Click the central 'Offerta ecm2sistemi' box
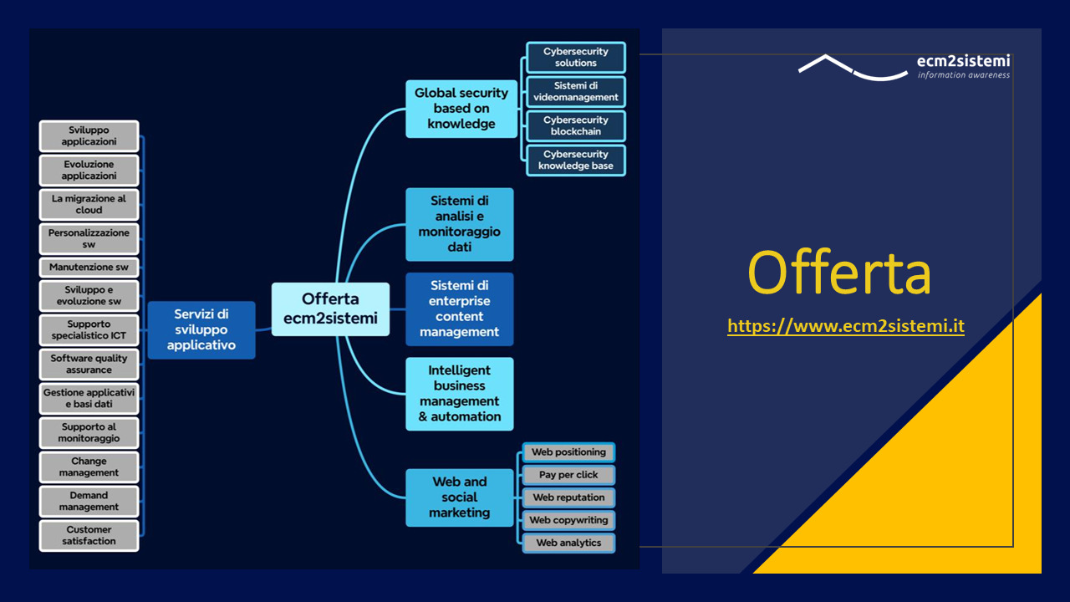click(330, 309)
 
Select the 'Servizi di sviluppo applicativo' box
click(201, 329)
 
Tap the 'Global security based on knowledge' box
click(461, 109)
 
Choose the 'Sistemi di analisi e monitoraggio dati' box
click(460, 224)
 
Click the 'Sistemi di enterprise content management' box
click(460, 309)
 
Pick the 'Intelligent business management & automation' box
click(460, 394)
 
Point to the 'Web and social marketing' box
click(460, 497)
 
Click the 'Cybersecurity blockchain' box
click(576, 125)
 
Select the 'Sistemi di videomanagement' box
click(576, 91)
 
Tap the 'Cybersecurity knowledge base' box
click(576, 160)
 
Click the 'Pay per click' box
click(568, 475)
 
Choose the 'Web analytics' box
click(568, 543)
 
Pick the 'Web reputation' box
click(568, 497)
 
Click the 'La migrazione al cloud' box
click(89, 205)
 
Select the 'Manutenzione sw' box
click(89, 267)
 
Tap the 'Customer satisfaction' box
click(89, 536)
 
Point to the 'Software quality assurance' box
click(89, 364)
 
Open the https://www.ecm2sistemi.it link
click(846, 326)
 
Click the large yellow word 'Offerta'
click(839, 273)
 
